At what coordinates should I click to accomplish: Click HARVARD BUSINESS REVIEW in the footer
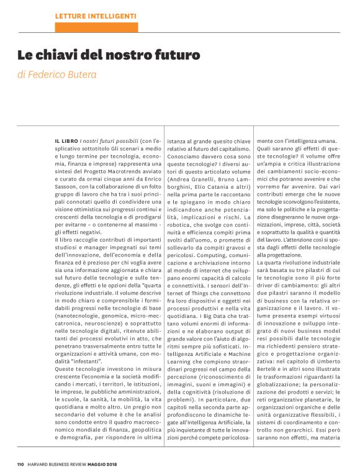[70, 463]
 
